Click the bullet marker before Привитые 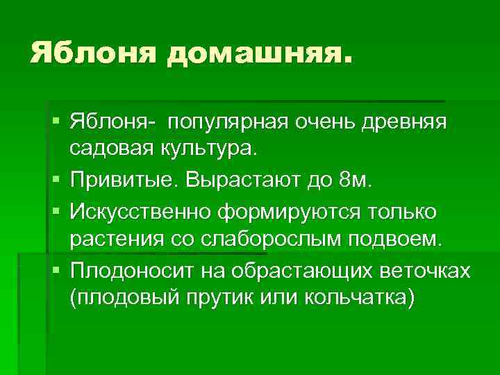56,182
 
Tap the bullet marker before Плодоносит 56,270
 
